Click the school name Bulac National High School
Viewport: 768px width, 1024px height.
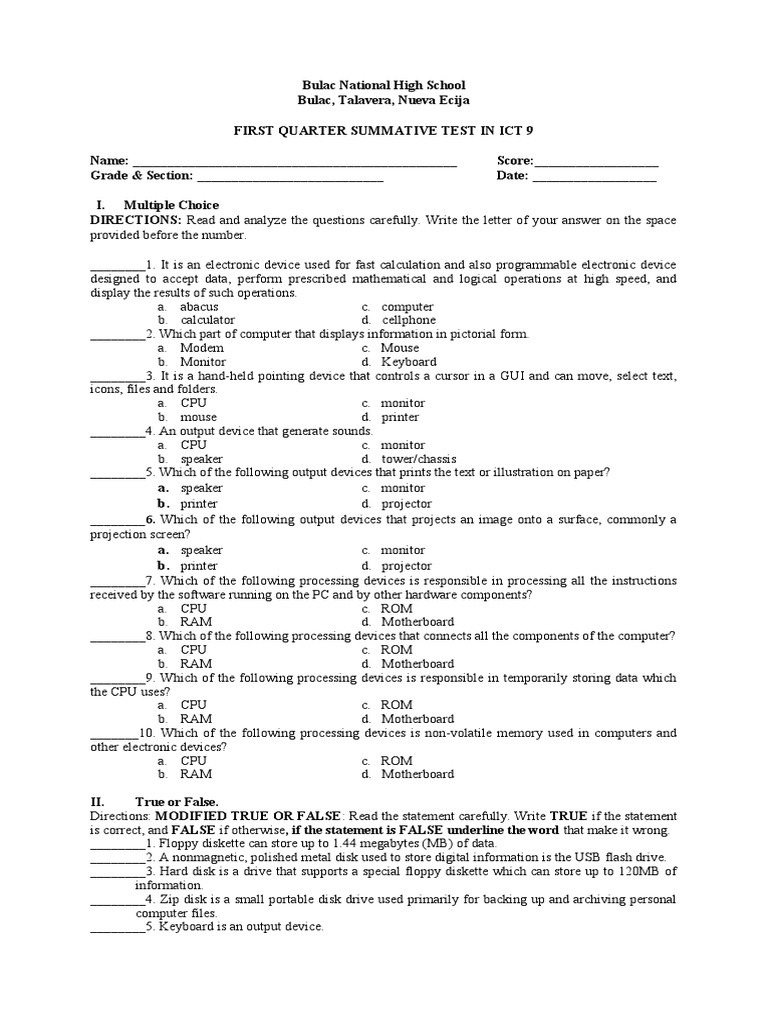pos(384,86)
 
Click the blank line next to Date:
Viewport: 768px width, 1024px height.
pos(594,178)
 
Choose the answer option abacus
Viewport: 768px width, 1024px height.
pos(199,307)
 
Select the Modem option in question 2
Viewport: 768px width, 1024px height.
pos(202,348)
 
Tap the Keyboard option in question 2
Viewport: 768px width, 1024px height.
pos(408,362)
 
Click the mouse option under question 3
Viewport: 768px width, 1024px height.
pos(198,417)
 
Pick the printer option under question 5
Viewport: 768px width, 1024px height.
pos(199,504)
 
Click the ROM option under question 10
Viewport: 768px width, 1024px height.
pos(396,760)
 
